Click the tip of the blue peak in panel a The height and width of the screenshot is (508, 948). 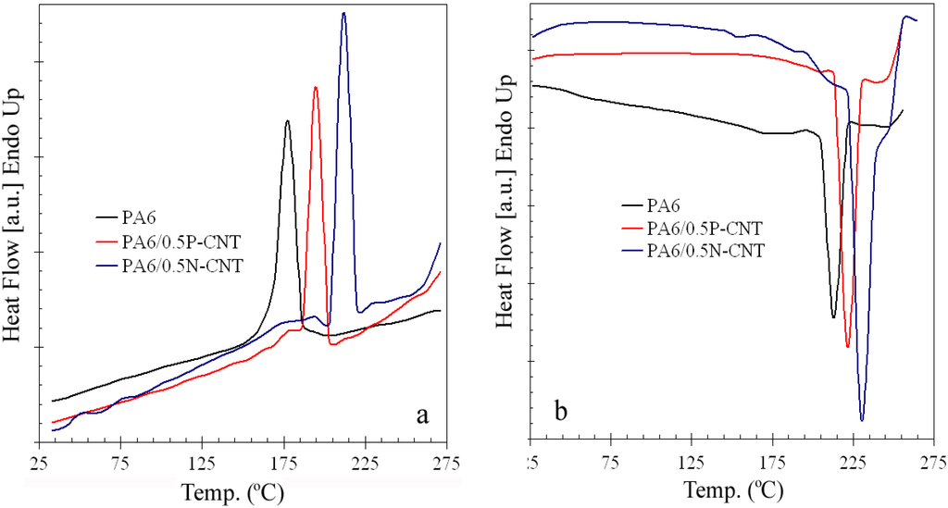coord(343,14)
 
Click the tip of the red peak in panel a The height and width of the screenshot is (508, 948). coord(316,88)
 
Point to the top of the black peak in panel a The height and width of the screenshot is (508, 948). coord(288,121)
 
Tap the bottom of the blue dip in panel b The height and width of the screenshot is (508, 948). coord(862,420)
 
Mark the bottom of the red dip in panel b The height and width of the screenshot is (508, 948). coord(847,347)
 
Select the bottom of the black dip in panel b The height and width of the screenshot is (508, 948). coord(834,317)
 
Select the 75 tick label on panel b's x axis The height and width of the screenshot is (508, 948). coord(610,462)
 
